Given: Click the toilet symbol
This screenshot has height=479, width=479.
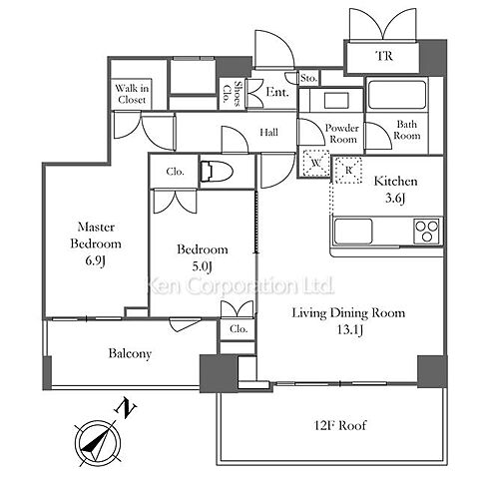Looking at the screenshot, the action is point(217,172).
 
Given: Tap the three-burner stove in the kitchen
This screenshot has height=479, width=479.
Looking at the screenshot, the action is point(427,231).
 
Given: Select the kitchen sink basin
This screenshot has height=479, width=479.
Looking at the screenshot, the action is point(353,232).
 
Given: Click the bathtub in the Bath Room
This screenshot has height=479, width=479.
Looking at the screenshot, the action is point(397,95).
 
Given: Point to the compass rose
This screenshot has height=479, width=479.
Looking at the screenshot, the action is point(98,443).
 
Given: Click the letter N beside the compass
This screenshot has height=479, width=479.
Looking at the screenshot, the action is point(126,407).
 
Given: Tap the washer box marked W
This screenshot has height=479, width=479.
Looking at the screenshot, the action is point(315,163).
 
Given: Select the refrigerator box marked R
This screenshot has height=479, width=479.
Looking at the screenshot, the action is point(348,170).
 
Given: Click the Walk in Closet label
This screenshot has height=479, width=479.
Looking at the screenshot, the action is point(132,94).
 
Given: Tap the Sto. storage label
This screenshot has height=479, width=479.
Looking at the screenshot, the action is point(308,79).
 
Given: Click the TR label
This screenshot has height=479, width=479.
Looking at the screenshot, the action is point(384,56).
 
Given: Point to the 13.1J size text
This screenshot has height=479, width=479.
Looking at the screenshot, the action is point(350,330).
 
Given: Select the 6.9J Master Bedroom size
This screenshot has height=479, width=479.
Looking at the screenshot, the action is point(95,260).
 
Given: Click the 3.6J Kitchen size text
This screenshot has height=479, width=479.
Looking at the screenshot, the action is point(395,199).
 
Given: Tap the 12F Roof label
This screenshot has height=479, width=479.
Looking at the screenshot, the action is point(340,425).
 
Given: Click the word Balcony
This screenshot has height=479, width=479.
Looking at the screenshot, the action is point(130,353).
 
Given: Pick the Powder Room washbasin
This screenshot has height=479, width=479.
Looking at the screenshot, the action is point(336,101).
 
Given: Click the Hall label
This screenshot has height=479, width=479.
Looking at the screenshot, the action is point(268,133).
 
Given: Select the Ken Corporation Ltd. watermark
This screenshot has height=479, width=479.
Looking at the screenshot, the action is point(240,286).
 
